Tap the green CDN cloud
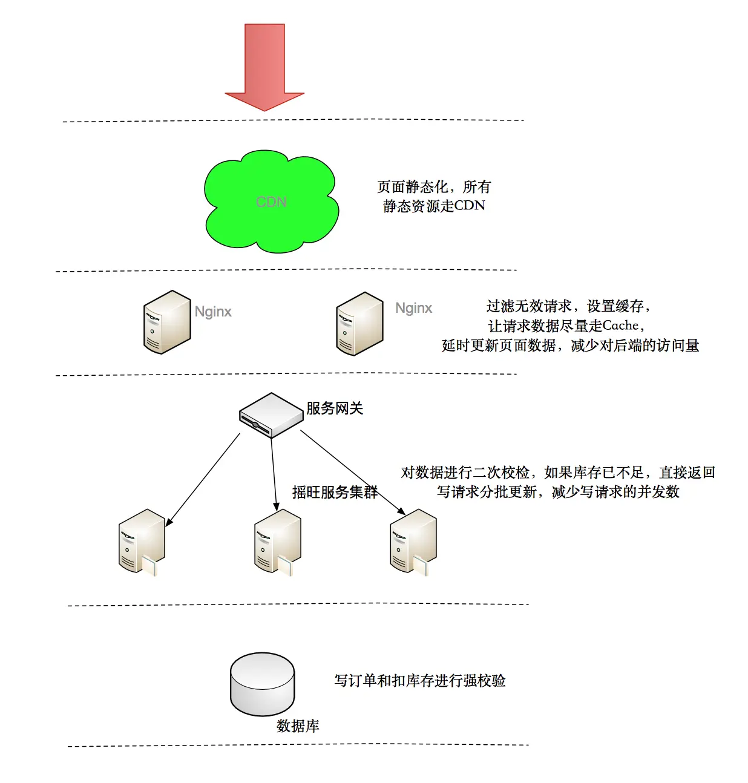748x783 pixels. (271, 202)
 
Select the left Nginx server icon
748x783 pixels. (166, 322)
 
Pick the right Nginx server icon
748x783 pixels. (359, 324)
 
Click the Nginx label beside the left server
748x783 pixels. (213, 312)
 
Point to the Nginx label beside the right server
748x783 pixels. (414, 308)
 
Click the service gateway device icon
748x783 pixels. (271, 415)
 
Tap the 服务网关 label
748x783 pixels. (335, 408)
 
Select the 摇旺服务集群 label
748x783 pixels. (335, 493)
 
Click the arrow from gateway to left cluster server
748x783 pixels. (203, 479)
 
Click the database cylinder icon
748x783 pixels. (262, 684)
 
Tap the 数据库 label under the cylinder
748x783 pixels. (298, 726)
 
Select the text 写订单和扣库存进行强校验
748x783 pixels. (420, 681)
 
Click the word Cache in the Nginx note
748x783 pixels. (620, 326)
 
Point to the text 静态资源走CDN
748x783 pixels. (434, 206)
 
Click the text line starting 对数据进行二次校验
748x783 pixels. (557, 473)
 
